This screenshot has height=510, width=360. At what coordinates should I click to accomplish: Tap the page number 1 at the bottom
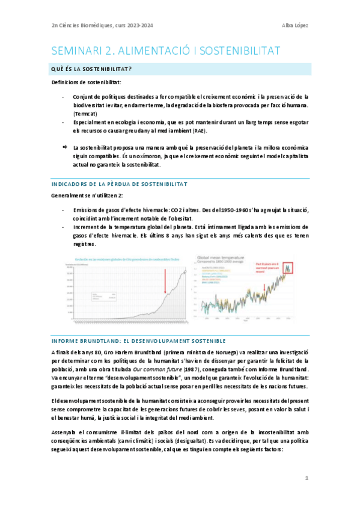click(307, 478)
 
